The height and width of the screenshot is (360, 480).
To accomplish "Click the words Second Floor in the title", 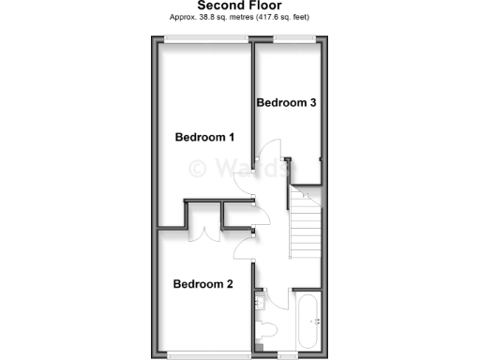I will click(x=241, y=5).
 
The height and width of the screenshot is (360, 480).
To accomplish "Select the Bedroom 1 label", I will click(x=204, y=138).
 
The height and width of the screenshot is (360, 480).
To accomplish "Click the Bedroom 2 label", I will click(x=202, y=284).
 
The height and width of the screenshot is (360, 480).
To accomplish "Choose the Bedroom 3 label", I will click(x=285, y=103).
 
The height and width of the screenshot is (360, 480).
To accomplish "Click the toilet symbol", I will click(x=266, y=331).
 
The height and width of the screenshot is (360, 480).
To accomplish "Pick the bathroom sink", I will click(x=259, y=302).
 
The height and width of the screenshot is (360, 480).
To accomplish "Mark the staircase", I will click(x=305, y=226).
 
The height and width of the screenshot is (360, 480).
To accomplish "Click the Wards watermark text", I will click(x=239, y=169).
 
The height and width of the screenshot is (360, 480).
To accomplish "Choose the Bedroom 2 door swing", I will click(x=245, y=247).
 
